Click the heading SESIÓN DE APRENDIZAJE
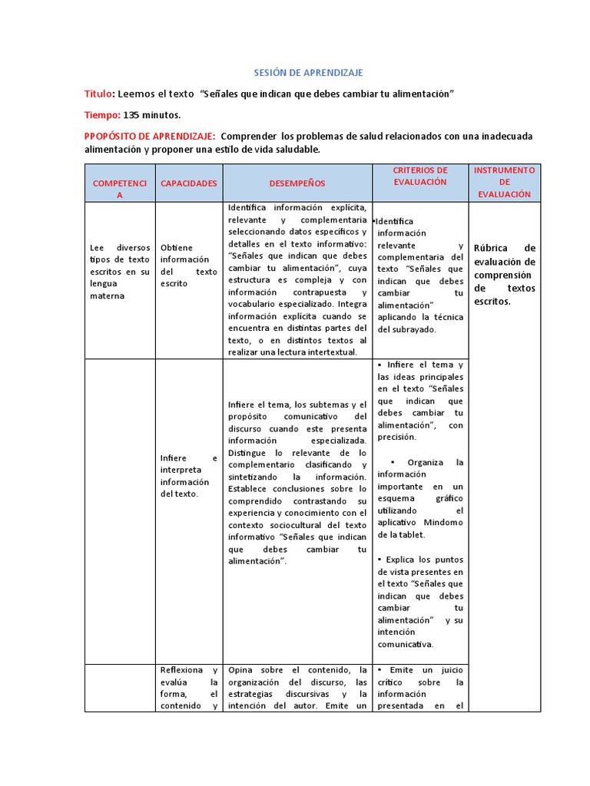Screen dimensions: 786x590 click(x=308, y=72)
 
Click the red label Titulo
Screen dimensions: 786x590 click(x=98, y=94)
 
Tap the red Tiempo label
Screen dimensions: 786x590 click(x=101, y=115)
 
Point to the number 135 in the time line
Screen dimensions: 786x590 click(x=131, y=115)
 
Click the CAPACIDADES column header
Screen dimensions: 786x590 click(x=188, y=183)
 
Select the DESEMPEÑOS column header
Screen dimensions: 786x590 click(x=297, y=183)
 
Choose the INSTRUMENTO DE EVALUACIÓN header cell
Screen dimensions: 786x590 click(x=504, y=182)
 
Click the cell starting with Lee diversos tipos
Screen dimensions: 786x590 click(x=119, y=272)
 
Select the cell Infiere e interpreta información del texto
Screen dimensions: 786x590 click(x=188, y=476)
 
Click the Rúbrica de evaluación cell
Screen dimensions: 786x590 click(x=504, y=274)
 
